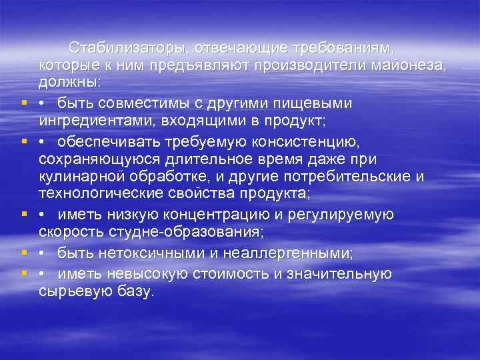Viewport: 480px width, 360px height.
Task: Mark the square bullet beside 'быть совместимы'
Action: point(24,104)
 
